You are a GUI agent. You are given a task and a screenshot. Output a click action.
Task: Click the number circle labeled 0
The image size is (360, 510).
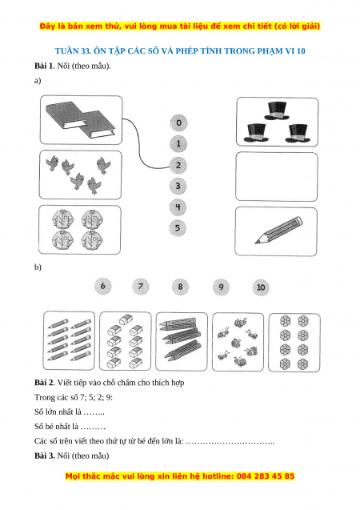pyautogui.click(x=178, y=122)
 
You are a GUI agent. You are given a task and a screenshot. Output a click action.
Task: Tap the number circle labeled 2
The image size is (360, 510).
pyautogui.click(x=178, y=165)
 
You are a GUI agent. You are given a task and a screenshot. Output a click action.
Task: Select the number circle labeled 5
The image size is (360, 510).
pyautogui.click(x=178, y=227)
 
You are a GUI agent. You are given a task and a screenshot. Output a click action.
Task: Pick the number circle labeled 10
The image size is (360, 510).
pyautogui.click(x=261, y=287)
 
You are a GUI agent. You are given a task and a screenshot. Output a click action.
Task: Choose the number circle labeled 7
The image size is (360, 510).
pyautogui.click(x=141, y=287)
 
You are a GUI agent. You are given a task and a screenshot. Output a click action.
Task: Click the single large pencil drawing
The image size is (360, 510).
pyautogui.click(x=278, y=230)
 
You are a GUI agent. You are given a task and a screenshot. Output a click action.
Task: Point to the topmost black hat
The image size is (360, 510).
pyautogui.click(x=277, y=110)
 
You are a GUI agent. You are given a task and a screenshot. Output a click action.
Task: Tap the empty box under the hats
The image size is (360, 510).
pyautogui.click(x=277, y=177)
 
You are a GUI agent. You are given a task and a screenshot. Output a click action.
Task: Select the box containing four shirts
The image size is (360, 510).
pyautogui.click(x=80, y=230)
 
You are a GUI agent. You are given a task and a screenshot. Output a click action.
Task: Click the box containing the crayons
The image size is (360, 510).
pyautogui.click(x=182, y=341)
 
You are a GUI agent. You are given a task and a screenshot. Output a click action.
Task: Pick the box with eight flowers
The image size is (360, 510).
pyautogui.click(x=294, y=342)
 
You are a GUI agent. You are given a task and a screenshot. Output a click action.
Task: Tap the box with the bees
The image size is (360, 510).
pyautogui.click(x=238, y=342)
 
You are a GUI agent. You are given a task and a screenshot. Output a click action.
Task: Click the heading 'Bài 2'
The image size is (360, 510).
pyautogui.click(x=44, y=383)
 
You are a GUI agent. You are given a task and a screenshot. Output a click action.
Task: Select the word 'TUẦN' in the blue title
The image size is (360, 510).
pyautogui.click(x=66, y=50)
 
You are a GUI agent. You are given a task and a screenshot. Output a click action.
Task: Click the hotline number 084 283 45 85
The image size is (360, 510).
pyautogui.click(x=266, y=476)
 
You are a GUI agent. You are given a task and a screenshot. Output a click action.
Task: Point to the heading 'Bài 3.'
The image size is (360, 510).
pyautogui.click(x=45, y=456)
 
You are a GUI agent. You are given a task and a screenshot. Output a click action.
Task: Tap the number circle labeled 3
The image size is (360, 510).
pyautogui.click(x=178, y=186)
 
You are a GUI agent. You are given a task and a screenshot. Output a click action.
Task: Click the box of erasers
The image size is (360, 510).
pyautogui.click(x=125, y=341)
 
